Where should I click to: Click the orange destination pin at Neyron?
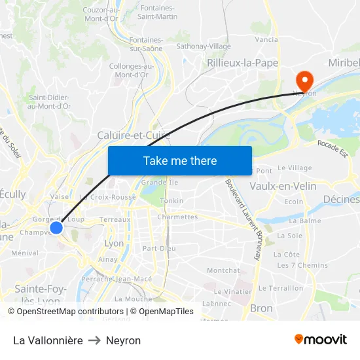click(x=304, y=81)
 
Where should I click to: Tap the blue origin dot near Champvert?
click(x=56, y=228)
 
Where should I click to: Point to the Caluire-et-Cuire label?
click(x=134, y=135)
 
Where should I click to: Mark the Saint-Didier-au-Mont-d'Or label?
click(x=49, y=101)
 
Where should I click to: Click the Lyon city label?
click(x=114, y=243)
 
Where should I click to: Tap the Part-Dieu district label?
click(x=159, y=248)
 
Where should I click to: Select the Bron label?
click(x=261, y=308)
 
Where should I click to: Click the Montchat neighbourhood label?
click(x=223, y=270)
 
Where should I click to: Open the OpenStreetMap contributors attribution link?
click(x=60, y=312)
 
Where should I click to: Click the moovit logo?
click(x=321, y=340)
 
